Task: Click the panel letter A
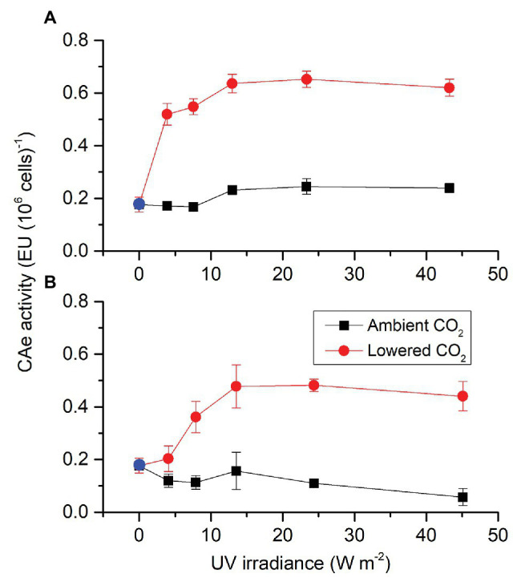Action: tap(49, 14)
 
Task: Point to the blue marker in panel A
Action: tap(139, 204)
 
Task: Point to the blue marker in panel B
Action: tap(139, 465)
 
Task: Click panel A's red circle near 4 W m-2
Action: tap(167, 114)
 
